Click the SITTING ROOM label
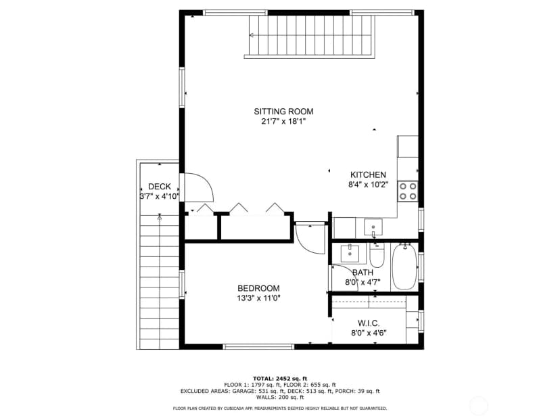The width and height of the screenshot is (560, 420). (x=283, y=112)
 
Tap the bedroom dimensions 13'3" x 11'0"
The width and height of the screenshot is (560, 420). (x=258, y=298)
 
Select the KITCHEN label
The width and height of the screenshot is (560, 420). (x=368, y=174)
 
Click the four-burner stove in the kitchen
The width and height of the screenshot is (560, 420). (x=408, y=191)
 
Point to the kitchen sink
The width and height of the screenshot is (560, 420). (x=373, y=227)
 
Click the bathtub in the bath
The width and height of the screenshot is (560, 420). (x=404, y=266)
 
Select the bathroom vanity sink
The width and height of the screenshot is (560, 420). (x=350, y=254)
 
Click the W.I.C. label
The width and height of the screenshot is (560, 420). (x=369, y=323)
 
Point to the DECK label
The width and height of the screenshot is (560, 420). (x=160, y=187)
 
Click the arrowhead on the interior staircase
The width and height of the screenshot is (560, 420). (x=252, y=35)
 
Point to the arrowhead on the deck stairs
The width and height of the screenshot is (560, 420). (x=160, y=216)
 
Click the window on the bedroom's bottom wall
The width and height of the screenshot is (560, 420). (x=258, y=346)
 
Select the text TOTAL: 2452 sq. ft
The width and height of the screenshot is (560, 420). (x=280, y=379)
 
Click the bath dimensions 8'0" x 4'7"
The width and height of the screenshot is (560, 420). (x=363, y=282)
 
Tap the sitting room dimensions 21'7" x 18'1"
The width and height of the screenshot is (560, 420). (x=283, y=122)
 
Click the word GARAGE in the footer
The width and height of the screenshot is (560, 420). (x=242, y=391)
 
